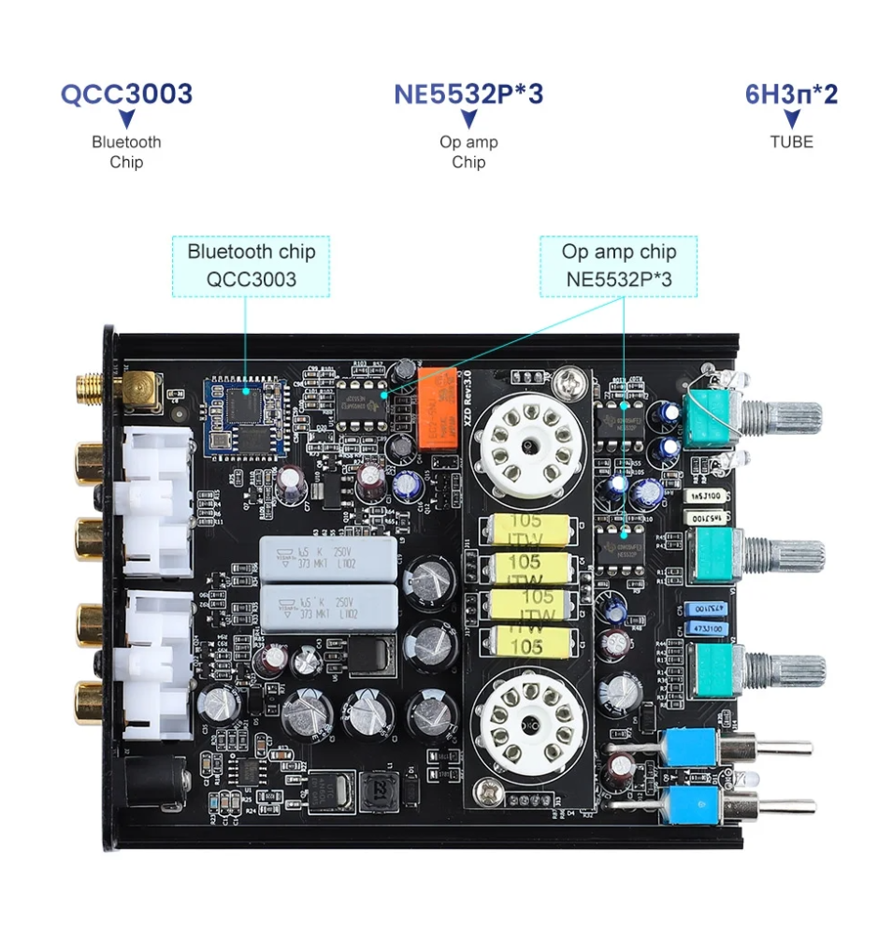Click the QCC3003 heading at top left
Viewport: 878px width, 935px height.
tap(126, 93)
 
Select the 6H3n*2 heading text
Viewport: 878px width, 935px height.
tap(791, 93)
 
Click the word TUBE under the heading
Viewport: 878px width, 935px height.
tap(791, 142)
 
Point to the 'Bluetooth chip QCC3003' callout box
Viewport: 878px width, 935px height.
tap(251, 266)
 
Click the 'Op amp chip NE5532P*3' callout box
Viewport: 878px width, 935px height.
tap(618, 266)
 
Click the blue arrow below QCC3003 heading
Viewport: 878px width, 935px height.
tap(126, 119)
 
